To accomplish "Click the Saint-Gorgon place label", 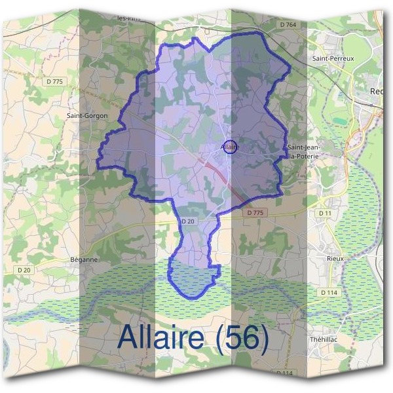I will pos(86,115).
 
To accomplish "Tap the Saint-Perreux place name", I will pos(333,58).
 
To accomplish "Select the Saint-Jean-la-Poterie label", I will pos(303,152).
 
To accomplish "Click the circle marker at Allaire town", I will pos(229,146).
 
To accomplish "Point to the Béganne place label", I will pos(83,259).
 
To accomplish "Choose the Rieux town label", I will pos(335,259).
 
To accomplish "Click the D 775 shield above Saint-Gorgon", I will pos(56,81).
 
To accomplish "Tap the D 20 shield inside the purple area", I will pos(188,222).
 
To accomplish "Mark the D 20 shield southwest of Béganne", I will pos(24,269).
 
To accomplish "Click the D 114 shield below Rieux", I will pos(328,291).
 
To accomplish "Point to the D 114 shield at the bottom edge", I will pos(284,373).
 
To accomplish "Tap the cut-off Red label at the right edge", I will pos(376,92).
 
